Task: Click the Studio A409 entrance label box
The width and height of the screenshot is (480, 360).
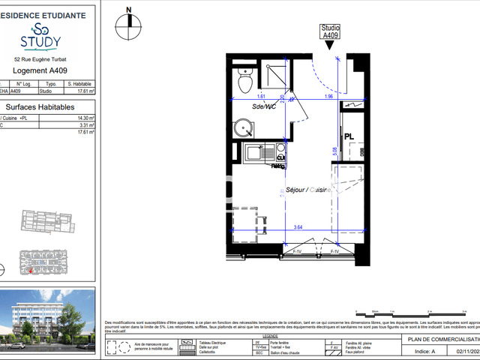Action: point(331,31)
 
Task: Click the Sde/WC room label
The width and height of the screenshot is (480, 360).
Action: point(263,106)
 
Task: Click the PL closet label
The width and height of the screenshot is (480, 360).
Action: point(349,137)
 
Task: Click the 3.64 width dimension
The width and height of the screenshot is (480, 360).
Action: point(298,227)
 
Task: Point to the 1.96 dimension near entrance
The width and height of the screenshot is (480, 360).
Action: point(328,97)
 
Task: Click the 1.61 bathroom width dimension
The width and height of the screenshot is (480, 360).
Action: point(262,97)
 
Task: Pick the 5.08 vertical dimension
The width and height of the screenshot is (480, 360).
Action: point(334,150)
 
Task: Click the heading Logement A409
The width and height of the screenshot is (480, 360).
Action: point(40,71)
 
